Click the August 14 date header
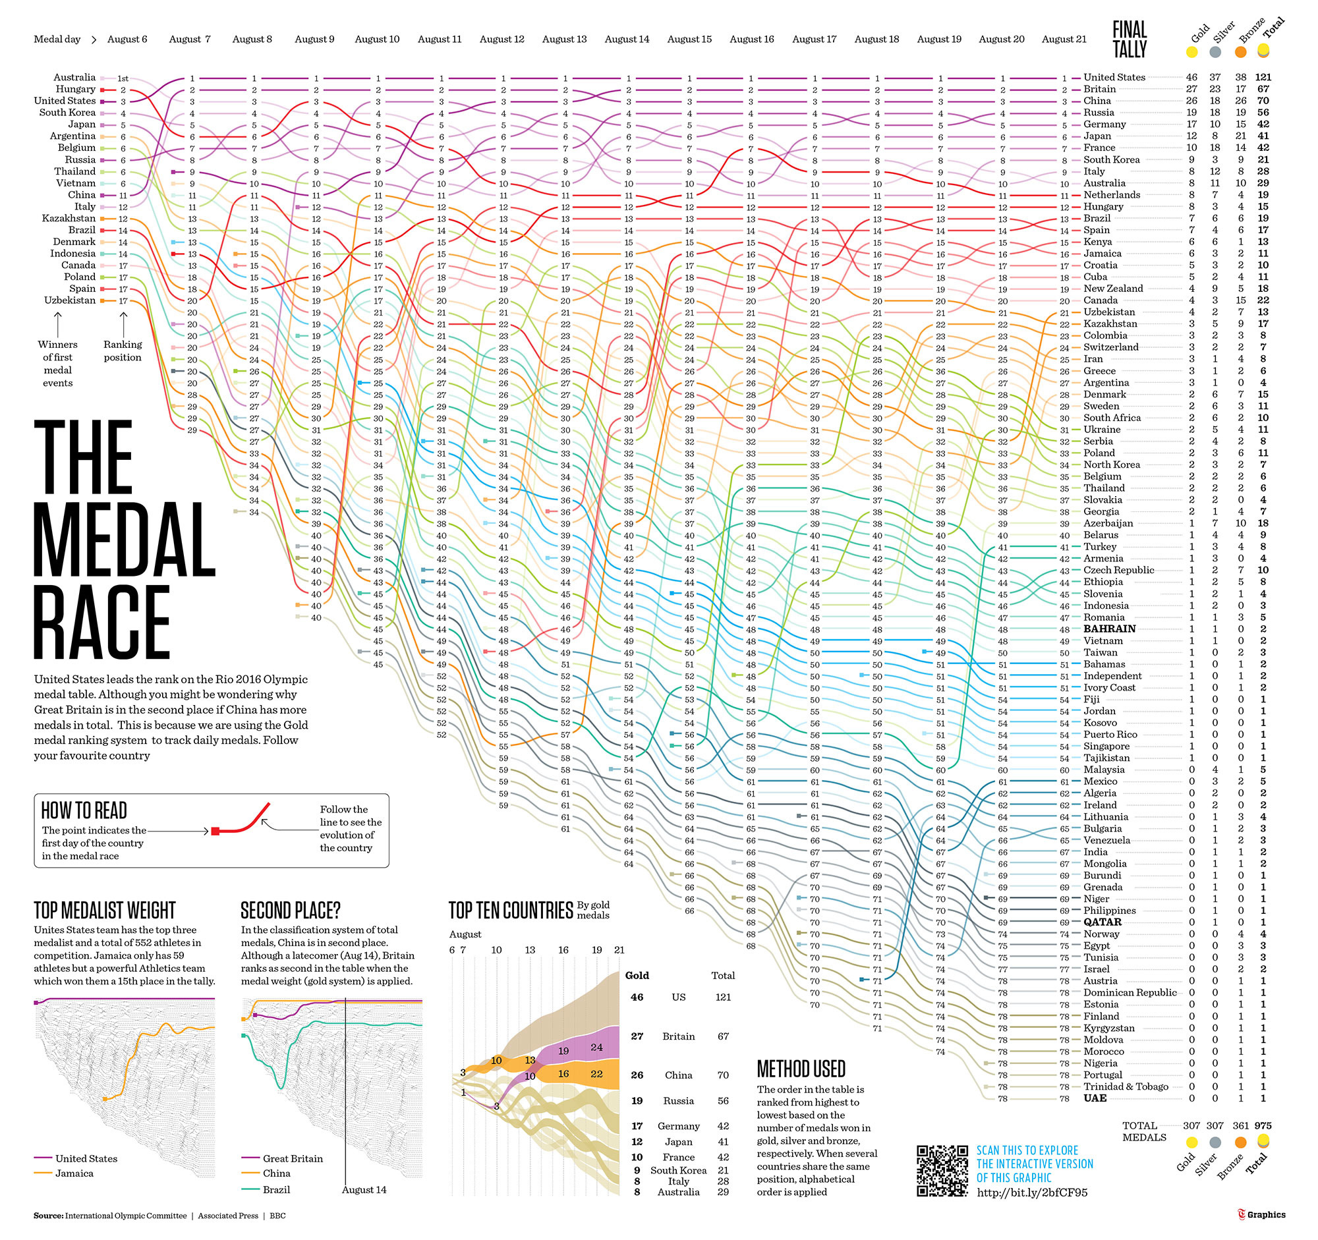tap(627, 39)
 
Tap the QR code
tap(942, 1170)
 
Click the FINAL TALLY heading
tap(1130, 39)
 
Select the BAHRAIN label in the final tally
tap(1109, 629)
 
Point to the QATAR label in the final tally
tap(1103, 922)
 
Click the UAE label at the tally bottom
tap(1095, 1098)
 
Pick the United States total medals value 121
tap(1263, 78)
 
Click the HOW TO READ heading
tap(84, 810)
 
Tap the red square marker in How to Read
tap(215, 830)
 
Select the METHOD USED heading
tap(801, 1068)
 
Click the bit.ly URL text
tap(1032, 1193)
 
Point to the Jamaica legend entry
tap(74, 1173)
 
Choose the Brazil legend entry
tap(277, 1190)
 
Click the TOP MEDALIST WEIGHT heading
tap(105, 910)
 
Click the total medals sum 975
tap(1263, 1125)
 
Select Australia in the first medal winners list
tap(74, 78)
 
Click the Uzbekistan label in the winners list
tap(70, 300)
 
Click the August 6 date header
tap(127, 39)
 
